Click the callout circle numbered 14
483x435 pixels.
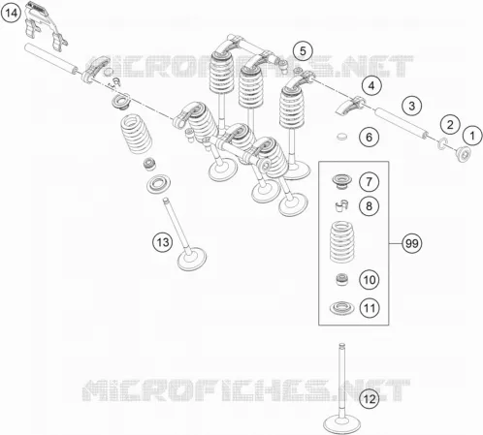(x=11, y=14)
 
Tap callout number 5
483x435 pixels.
(x=303, y=51)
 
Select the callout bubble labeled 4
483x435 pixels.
(x=371, y=85)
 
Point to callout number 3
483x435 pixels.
(x=412, y=106)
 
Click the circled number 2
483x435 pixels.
(x=450, y=124)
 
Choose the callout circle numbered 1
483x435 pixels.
(x=472, y=136)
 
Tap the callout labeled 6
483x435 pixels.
(x=370, y=137)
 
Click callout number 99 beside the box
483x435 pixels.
(x=412, y=243)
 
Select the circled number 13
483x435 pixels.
(x=163, y=242)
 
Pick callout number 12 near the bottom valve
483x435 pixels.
(x=370, y=399)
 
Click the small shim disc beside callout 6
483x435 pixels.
(x=342, y=137)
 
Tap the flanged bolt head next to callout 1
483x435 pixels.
(x=463, y=154)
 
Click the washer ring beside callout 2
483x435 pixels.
(x=442, y=144)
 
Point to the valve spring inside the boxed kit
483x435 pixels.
(x=341, y=241)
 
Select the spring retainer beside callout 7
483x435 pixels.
(x=343, y=182)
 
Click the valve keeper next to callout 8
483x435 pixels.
(x=341, y=205)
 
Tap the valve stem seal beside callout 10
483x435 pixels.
(x=342, y=279)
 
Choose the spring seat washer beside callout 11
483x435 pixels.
(x=342, y=308)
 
